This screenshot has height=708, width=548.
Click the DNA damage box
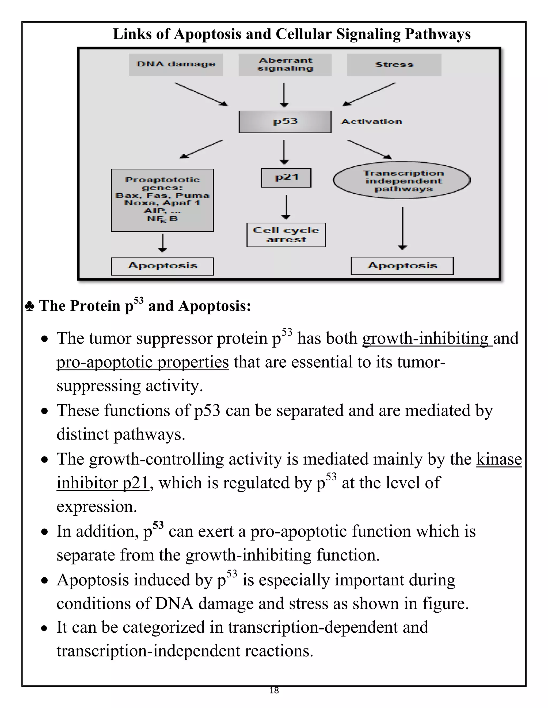tap(176, 64)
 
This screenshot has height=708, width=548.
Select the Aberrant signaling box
tap(285, 64)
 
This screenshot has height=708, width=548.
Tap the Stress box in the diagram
tap(394, 64)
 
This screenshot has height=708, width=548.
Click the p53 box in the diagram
tap(285, 122)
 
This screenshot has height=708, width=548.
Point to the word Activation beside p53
tap(372, 122)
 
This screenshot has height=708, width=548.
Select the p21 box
tap(286, 178)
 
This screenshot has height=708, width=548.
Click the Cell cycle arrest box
tap(286, 235)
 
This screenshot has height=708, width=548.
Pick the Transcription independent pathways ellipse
tap(402, 180)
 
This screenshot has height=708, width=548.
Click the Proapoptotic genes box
tap(162, 200)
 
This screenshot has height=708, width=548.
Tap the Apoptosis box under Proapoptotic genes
tap(162, 266)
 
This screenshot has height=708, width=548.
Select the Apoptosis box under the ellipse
tap(402, 266)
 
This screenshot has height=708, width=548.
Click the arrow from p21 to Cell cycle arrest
tap(286, 207)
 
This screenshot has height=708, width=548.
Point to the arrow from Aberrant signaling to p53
tap(284, 95)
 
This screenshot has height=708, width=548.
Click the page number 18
tap(274, 690)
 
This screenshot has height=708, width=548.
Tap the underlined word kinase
tap(499, 459)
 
